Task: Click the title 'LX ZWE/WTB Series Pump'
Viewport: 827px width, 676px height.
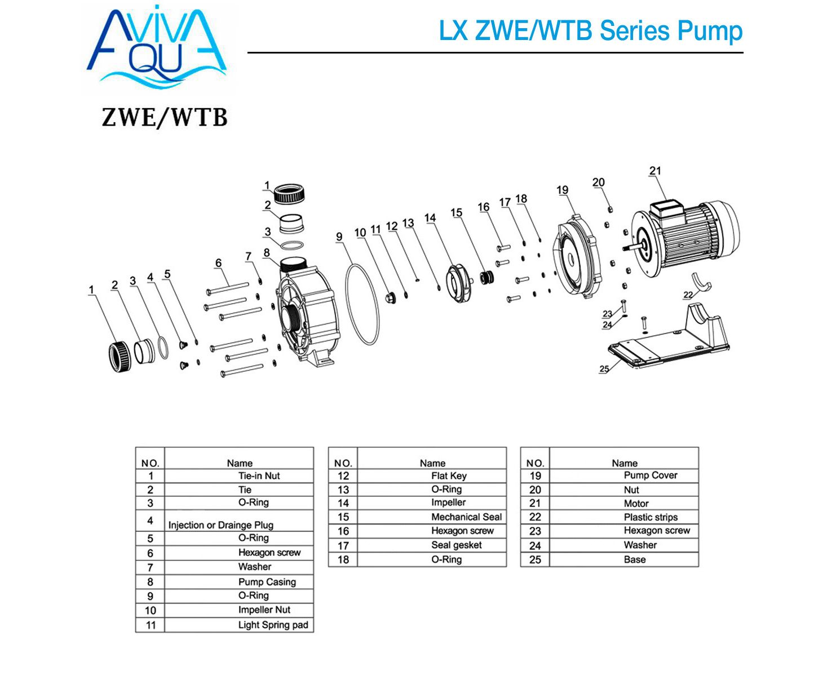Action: pos(590,30)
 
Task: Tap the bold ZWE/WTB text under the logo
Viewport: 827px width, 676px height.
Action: pos(164,117)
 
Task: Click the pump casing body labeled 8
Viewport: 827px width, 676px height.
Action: pos(308,315)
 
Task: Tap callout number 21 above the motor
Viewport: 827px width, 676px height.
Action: pos(654,171)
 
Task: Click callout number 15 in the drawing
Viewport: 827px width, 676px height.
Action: pos(456,212)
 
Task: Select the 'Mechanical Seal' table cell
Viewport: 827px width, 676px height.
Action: pos(466,517)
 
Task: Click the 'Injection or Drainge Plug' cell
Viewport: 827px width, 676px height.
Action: pos(221,524)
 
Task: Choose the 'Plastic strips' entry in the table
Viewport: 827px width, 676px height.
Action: pos(651,517)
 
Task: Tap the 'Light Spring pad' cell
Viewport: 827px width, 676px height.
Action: pos(273,625)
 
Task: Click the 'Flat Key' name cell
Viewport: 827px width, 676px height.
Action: pos(449,476)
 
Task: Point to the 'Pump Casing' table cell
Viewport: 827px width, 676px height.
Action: pos(267,582)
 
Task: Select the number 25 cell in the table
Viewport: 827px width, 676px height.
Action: pos(535,560)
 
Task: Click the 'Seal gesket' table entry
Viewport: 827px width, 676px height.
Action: pos(457,545)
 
